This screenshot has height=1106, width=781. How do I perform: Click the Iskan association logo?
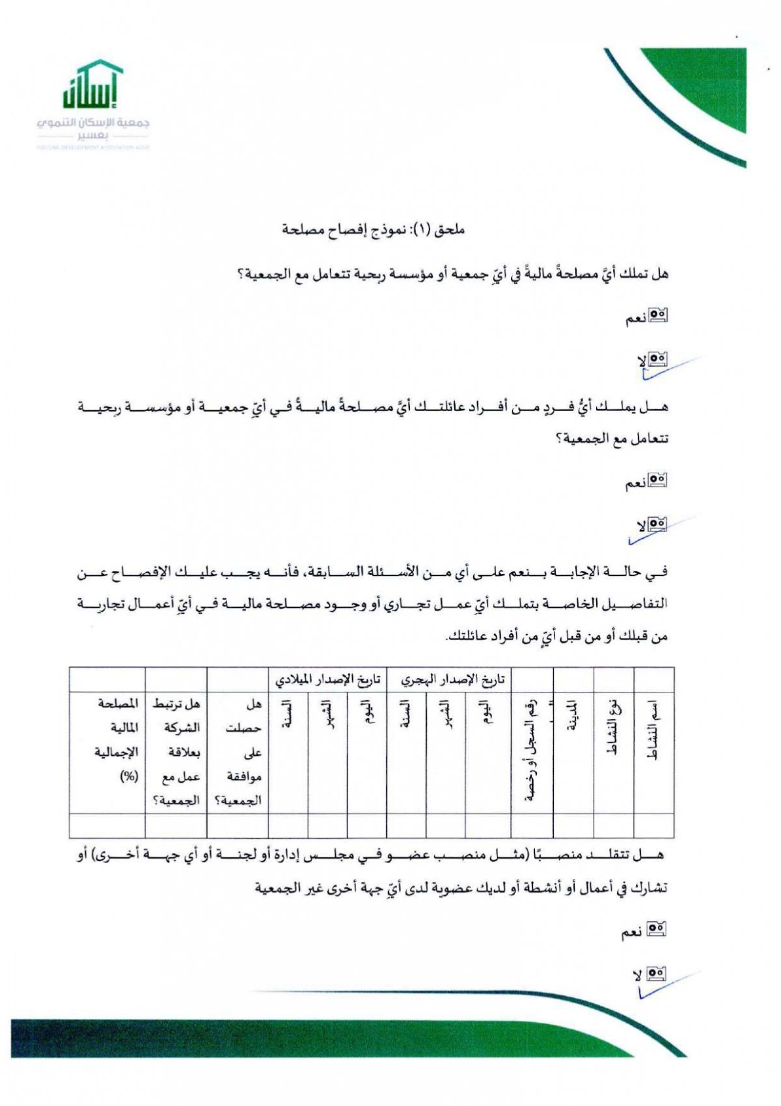click(93, 104)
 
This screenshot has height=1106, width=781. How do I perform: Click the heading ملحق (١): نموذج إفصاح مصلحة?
click(373, 230)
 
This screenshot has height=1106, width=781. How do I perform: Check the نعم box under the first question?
click(659, 317)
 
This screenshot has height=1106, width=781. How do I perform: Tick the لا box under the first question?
click(659, 358)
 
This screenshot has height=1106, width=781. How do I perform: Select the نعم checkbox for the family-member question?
click(659, 481)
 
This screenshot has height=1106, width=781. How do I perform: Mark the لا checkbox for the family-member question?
click(658, 523)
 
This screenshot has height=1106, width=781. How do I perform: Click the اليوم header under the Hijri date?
click(487, 713)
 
